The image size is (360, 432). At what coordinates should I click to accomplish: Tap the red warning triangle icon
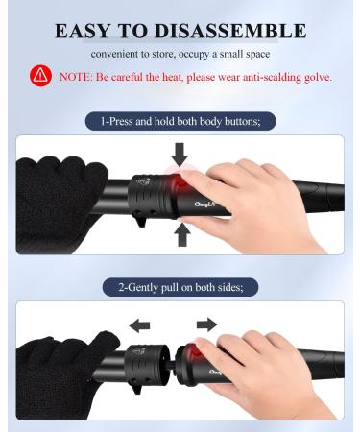pos(40,76)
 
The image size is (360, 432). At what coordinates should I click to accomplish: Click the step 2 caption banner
pos(180,287)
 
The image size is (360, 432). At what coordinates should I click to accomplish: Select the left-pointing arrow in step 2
pos(140,326)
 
